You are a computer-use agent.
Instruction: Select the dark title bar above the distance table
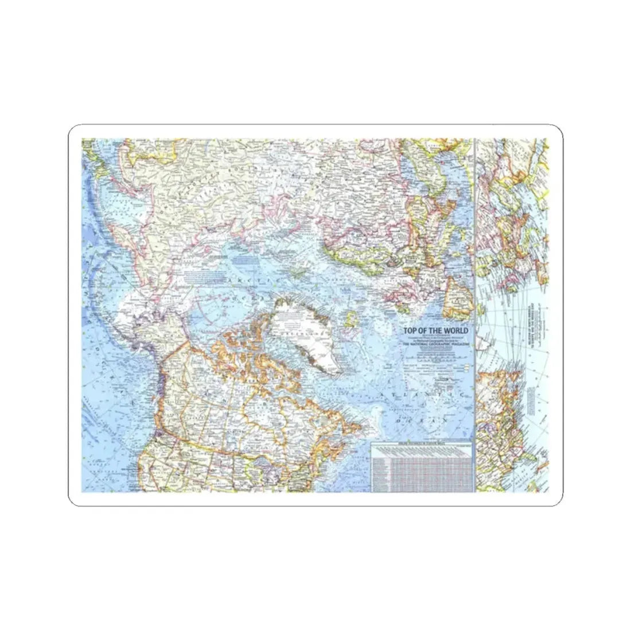(421, 445)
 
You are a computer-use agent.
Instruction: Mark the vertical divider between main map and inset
(476, 315)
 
